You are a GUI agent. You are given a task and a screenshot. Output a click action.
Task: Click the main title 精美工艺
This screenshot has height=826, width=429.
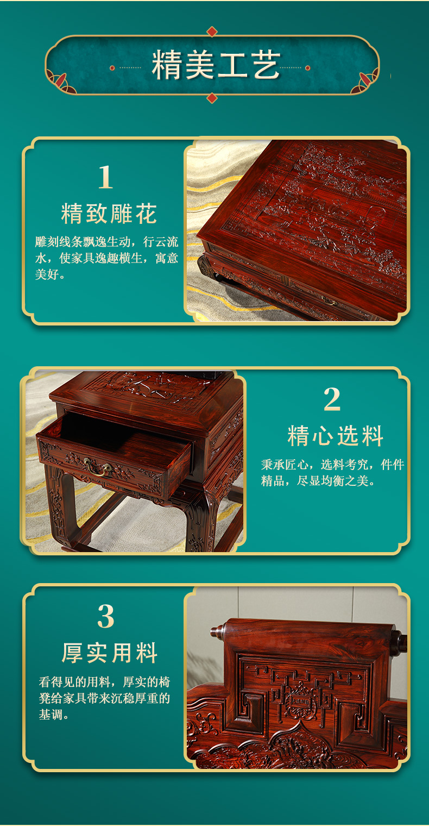pos(216,65)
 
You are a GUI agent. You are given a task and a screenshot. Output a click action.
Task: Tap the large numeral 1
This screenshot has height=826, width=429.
pos(105,177)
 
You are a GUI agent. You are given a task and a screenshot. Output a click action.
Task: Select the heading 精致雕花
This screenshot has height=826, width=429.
pos(109,214)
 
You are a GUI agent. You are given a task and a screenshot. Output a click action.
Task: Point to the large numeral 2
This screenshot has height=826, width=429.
pos(332,399)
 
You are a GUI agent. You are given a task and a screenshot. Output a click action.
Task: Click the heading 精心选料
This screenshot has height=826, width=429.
pos(336,436)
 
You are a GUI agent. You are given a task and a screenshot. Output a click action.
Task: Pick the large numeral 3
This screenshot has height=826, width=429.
pos(106,616)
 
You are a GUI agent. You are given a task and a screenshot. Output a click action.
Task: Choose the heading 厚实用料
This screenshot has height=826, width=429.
pos(110,653)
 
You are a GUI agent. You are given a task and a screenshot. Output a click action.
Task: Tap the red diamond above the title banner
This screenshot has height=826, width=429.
pos(212,32)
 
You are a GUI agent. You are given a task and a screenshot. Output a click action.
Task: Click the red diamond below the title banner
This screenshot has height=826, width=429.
pos(212,98)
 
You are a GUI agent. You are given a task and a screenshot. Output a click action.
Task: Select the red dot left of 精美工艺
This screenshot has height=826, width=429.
pos(112,68)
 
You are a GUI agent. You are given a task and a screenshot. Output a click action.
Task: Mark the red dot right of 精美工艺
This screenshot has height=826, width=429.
pos(308,68)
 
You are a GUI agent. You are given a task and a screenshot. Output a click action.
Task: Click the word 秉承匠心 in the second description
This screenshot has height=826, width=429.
pos(285,465)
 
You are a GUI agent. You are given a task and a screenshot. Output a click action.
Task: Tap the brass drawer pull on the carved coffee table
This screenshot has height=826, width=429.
pos(327,301)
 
